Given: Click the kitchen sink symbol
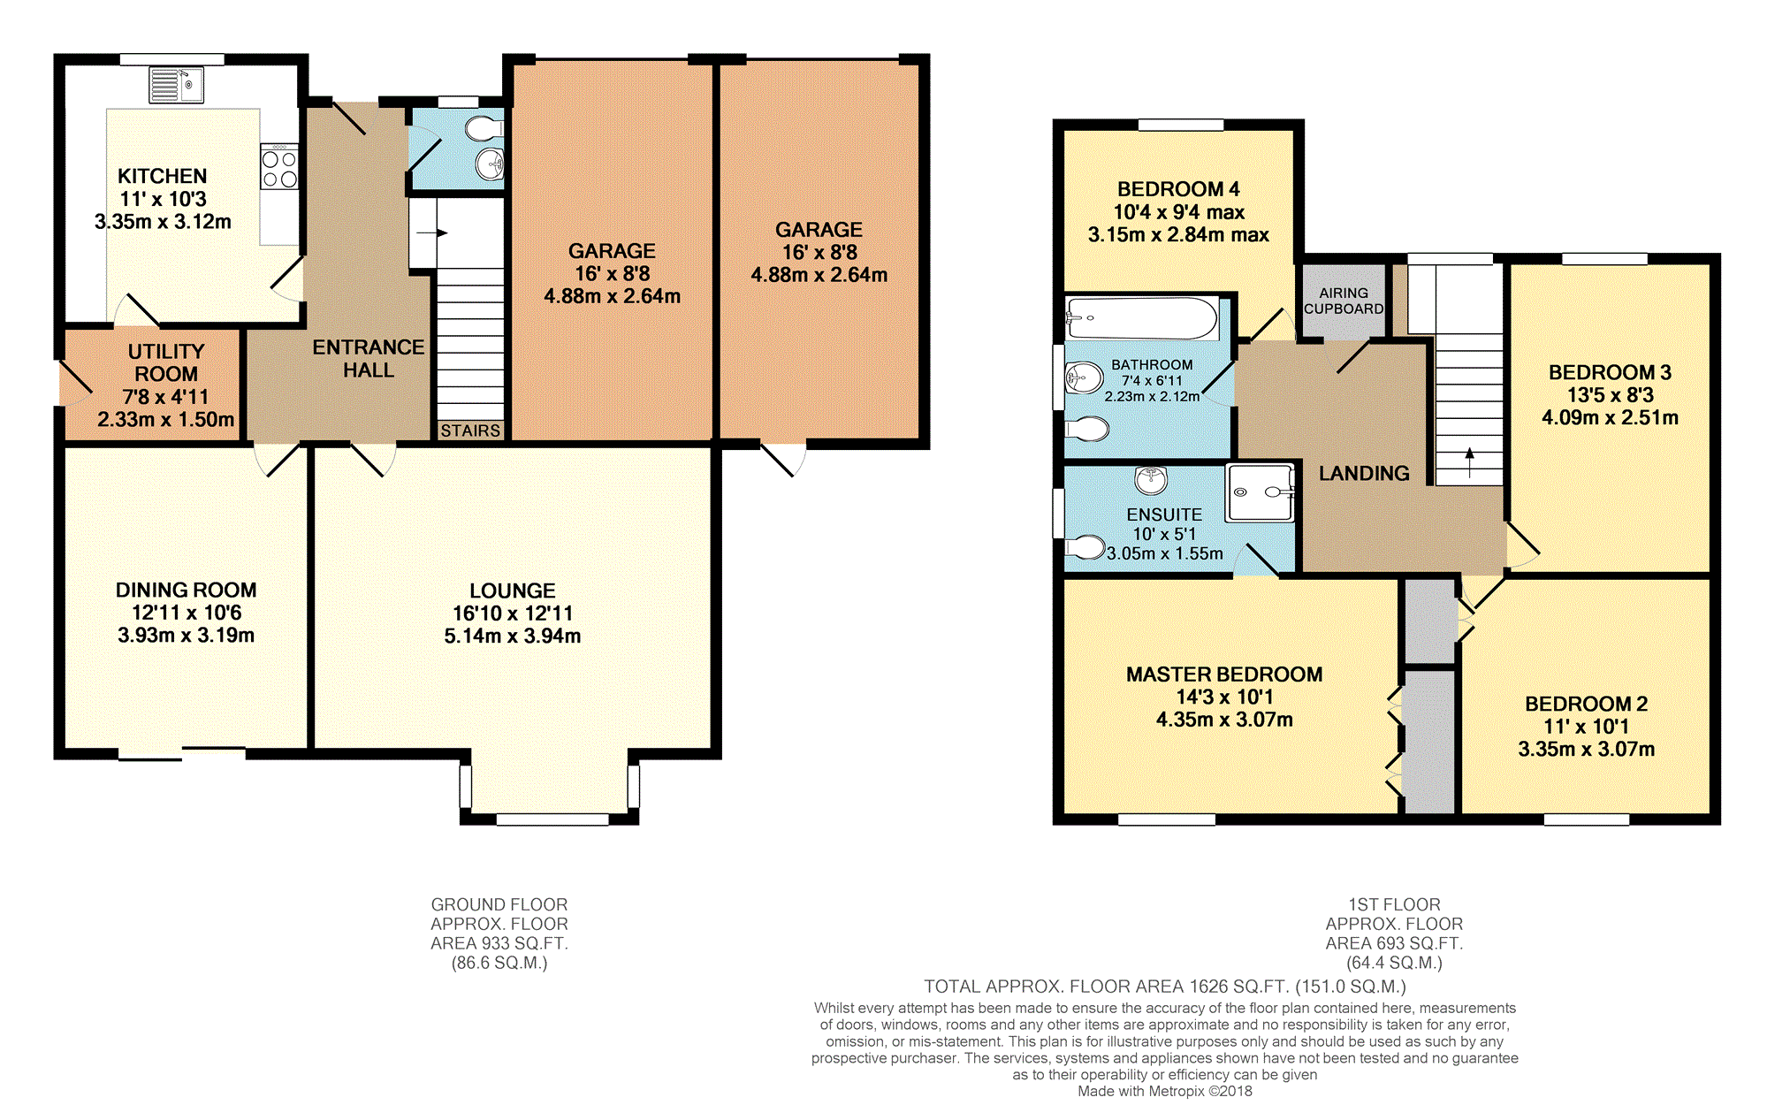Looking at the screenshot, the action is point(176,85).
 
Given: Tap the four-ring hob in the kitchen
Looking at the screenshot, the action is point(279,169).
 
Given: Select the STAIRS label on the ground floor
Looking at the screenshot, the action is point(470,431).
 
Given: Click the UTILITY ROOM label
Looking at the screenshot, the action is point(166,362).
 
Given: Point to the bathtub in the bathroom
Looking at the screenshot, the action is point(1142,319).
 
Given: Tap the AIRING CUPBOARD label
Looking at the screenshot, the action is point(1344,301).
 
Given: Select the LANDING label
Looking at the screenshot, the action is point(1364,474).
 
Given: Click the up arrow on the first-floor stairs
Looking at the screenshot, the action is point(1469,462).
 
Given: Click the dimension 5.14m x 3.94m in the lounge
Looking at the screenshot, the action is point(513,636).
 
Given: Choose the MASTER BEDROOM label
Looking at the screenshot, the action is point(1224,674).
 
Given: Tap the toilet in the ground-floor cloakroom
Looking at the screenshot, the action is point(484,129).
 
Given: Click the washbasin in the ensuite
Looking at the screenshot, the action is point(1151,480).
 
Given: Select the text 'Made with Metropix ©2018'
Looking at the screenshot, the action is point(1165,1091).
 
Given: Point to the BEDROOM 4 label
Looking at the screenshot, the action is point(1178,189).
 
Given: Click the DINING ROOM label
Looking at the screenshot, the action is point(187,590).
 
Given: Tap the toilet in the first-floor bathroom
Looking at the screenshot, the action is point(1087,431).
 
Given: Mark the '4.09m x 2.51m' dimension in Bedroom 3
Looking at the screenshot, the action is point(1610,418).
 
